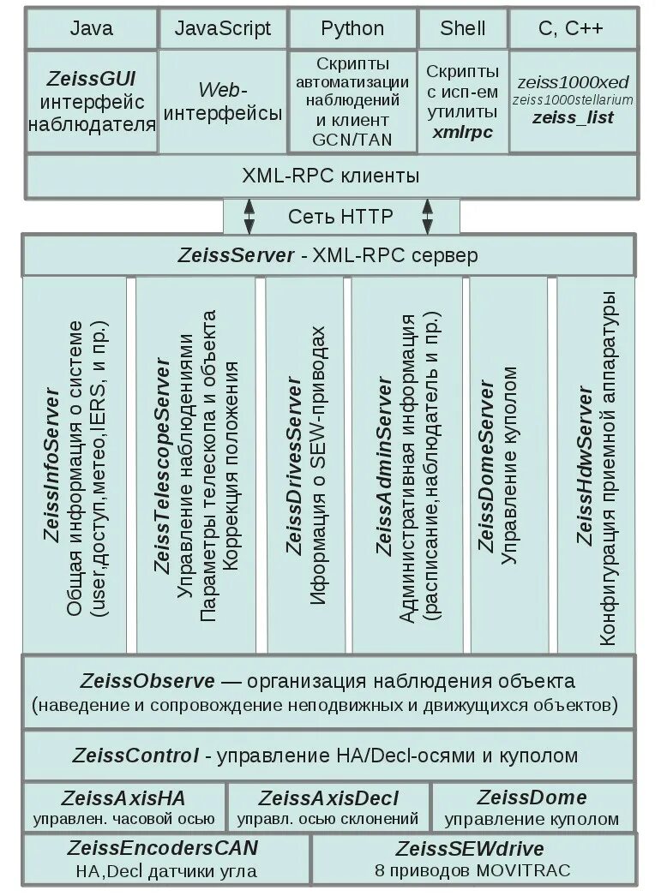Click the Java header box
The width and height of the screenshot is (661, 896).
tap(91, 29)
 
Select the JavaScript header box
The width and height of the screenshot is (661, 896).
tap(223, 29)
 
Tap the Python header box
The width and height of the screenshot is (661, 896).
tap(352, 29)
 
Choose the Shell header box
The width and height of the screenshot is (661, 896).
tap(463, 29)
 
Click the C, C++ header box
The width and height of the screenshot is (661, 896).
tap(571, 29)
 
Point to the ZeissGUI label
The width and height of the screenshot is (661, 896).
tap(93, 80)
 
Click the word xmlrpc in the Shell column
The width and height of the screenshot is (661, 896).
tap(463, 132)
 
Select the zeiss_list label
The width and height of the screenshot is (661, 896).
tap(573, 117)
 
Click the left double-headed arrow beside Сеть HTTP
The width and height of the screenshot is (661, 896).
tap(249, 216)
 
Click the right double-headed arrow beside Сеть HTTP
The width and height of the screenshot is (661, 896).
tap(427, 216)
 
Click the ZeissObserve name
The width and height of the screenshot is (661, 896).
tap(148, 682)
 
